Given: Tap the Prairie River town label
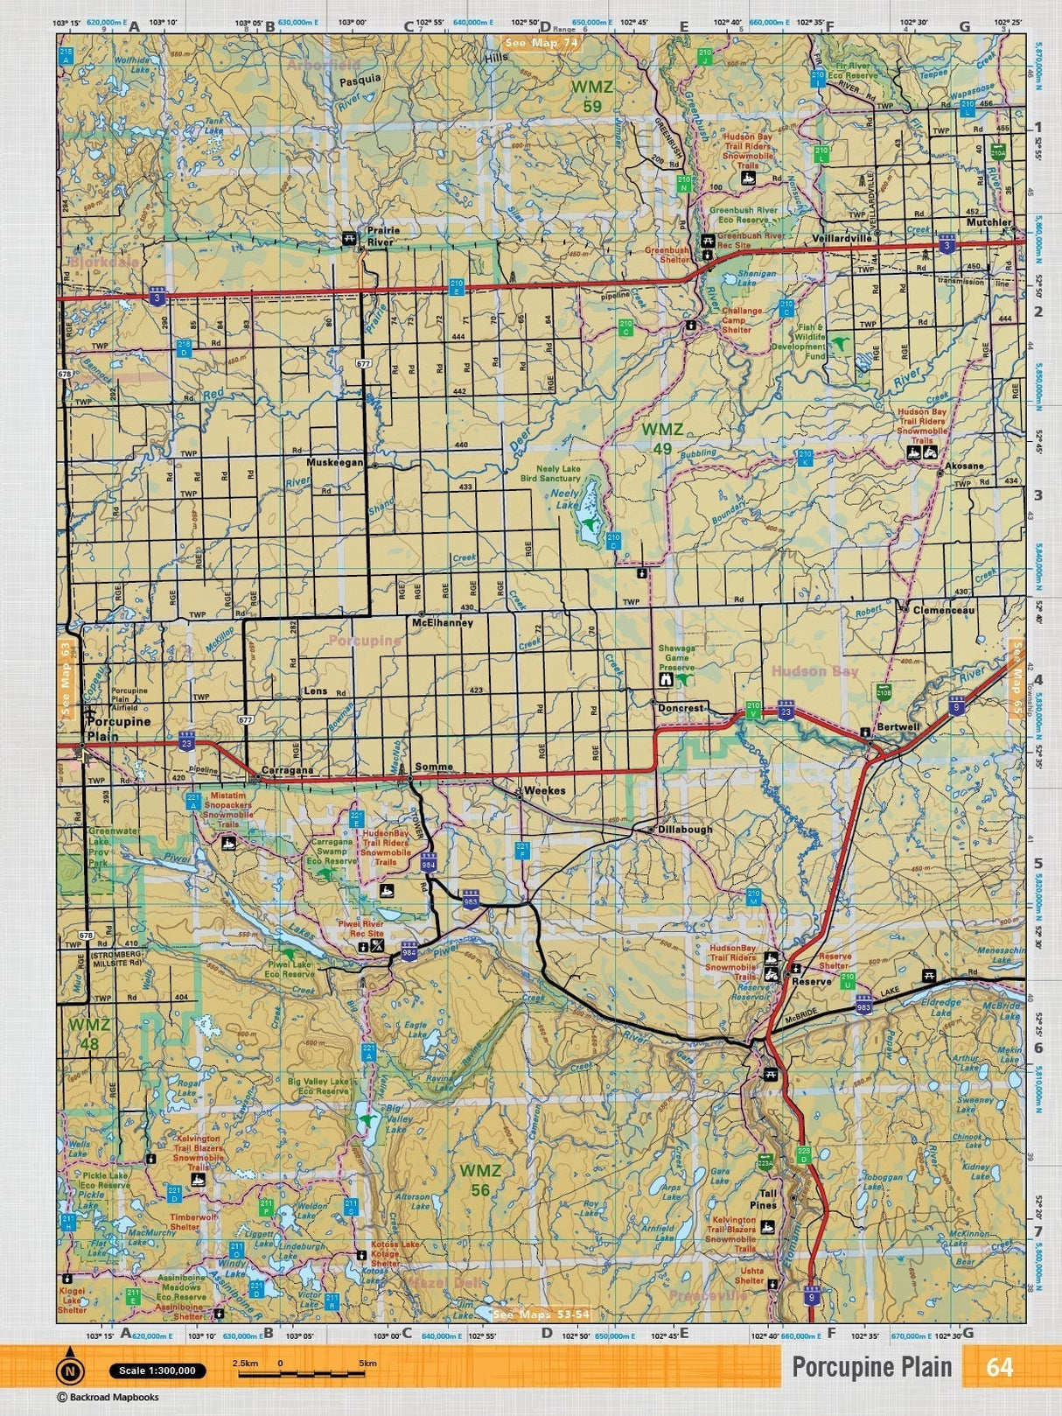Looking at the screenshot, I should (382, 236).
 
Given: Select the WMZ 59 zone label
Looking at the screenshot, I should (592, 95).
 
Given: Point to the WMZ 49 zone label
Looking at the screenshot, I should (661, 438).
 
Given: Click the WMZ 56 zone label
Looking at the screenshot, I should (480, 1179).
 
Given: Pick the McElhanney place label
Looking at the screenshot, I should (442, 623).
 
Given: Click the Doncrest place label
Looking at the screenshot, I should (681, 708).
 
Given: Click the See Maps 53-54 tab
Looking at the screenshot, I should (541, 1314).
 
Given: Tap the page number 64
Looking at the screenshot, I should (999, 1367).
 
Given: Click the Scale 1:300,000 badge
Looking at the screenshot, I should (158, 1370).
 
